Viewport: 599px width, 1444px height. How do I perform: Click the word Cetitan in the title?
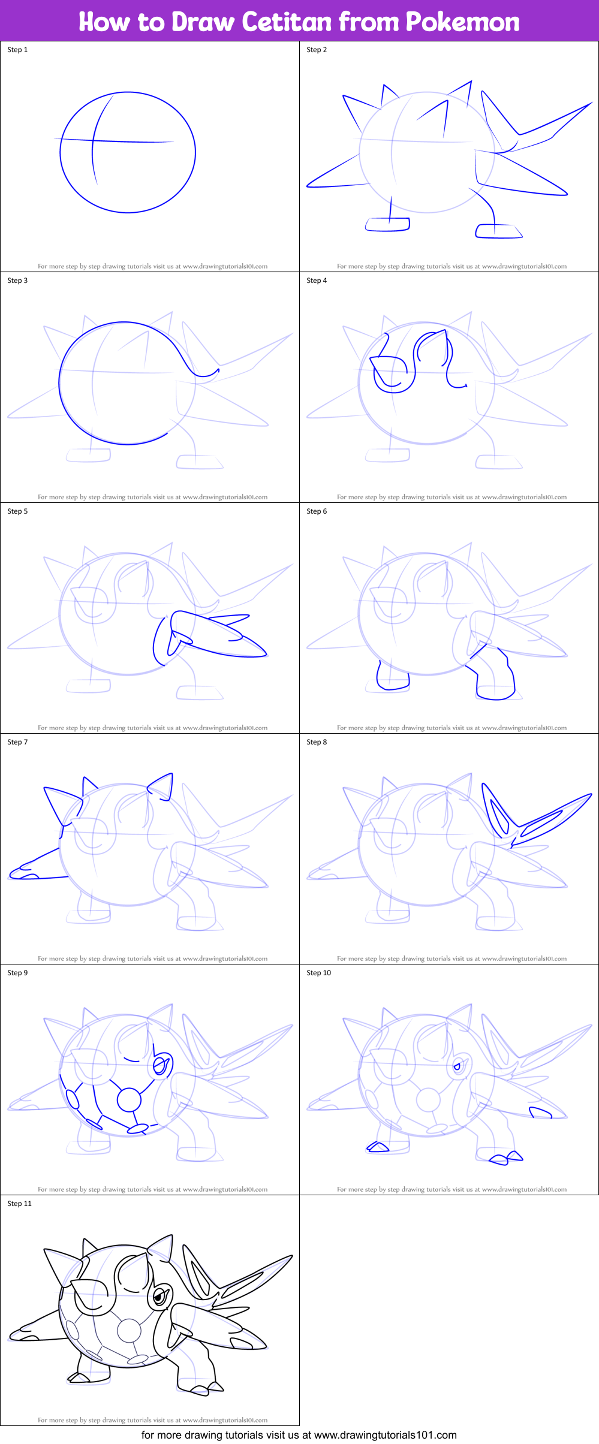click(287, 22)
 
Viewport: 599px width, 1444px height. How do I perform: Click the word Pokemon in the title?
click(462, 22)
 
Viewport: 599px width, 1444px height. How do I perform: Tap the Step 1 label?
click(17, 50)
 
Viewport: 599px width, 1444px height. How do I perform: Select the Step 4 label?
click(317, 281)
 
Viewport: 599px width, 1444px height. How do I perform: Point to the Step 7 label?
click(17, 742)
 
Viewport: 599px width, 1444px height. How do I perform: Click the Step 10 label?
click(318, 973)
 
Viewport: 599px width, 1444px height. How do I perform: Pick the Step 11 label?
click(19, 1204)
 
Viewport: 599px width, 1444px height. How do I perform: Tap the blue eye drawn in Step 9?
click(160, 1066)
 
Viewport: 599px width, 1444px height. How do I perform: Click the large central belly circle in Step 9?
click(129, 1100)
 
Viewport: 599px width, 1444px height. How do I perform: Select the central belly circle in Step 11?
click(129, 1331)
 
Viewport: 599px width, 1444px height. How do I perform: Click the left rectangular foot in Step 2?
click(387, 224)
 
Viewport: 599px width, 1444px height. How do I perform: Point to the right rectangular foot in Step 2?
click(497, 231)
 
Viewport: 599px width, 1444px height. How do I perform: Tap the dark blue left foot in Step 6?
click(392, 679)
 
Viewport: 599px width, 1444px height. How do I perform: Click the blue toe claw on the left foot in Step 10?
click(378, 1147)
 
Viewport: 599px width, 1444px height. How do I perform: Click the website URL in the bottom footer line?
click(385, 1435)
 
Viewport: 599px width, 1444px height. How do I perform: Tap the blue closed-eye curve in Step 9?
click(131, 1060)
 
